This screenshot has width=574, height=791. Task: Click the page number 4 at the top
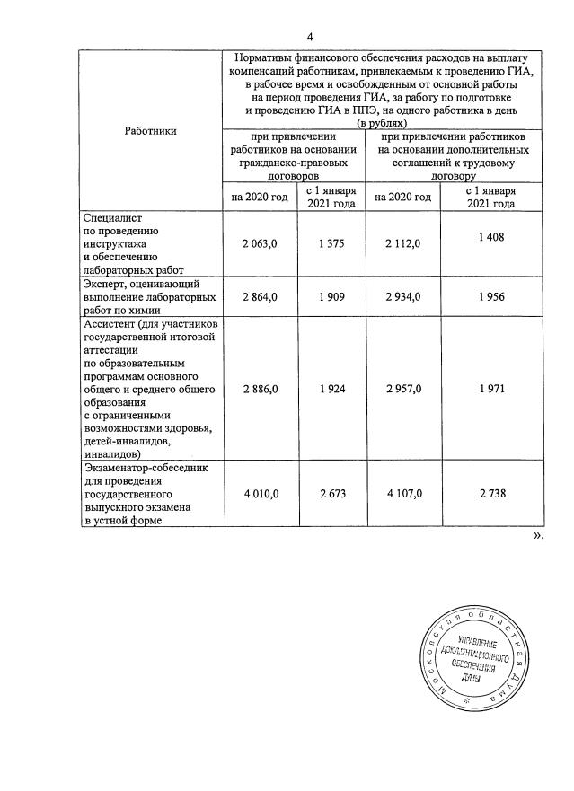click(x=310, y=37)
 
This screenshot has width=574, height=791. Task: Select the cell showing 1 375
click(x=331, y=243)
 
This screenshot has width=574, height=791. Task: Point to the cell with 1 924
click(x=331, y=389)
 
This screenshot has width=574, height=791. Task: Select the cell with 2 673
click(x=331, y=494)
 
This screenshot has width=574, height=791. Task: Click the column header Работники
click(x=150, y=131)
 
